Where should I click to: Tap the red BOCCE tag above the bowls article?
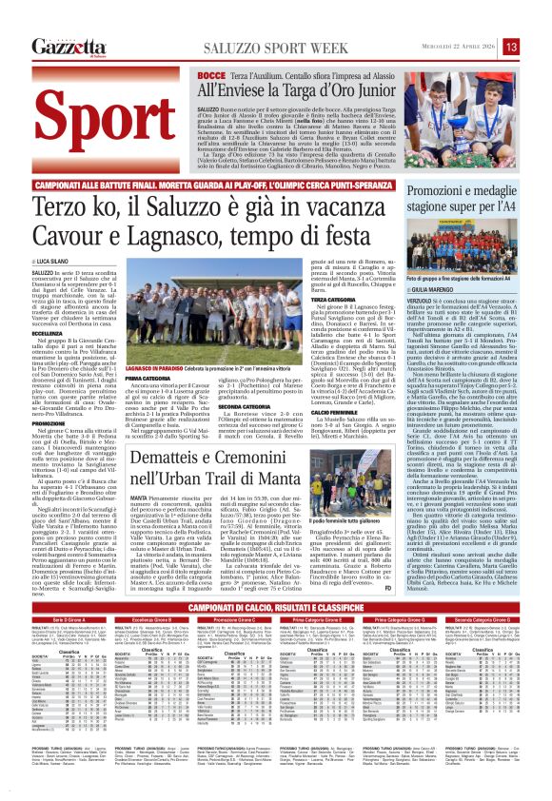pyautogui.click(x=212, y=74)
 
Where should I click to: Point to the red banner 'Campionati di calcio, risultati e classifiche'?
pyautogui.click(x=275, y=581)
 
